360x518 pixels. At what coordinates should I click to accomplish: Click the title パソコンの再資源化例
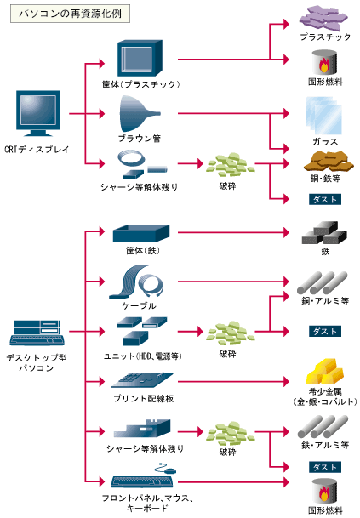pyautogui.click(x=70, y=14)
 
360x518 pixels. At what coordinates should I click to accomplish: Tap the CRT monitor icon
pyautogui.click(x=38, y=113)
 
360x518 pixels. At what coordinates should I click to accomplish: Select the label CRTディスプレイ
pyautogui.click(x=37, y=150)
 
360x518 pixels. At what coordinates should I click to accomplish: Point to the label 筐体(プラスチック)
pyautogui.click(x=140, y=84)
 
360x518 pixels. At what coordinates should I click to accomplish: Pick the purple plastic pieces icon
pyautogui.click(x=323, y=18)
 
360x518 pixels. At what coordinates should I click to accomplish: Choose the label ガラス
pyautogui.click(x=325, y=142)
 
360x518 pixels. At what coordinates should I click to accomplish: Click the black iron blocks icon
pyautogui.click(x=324, y=233)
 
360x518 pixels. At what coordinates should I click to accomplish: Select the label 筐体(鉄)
pyautogui.click(x=143, y=251)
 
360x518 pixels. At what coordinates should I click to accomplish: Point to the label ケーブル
pyautogui.click(x=139, y=305)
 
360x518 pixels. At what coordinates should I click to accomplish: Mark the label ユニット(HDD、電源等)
pyautogui.click(x=143, y=356)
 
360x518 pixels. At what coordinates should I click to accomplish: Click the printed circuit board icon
pyautogui.click(x=142, y=380)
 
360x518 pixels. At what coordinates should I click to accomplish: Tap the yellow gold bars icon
pyautogui.click(x=324, y=372)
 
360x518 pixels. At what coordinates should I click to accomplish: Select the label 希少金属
pyautogui.click(x=325, y=391)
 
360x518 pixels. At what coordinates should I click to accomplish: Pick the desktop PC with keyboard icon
pyautogui.click(x=37, y=333)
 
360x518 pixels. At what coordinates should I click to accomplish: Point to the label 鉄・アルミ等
pyautogui.click(x=325, y=445)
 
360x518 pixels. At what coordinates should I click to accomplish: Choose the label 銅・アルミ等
pyautogui.click(x=325, y=300)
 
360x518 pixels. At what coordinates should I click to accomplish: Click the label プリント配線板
pyautogui.click(x=144, y=399)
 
